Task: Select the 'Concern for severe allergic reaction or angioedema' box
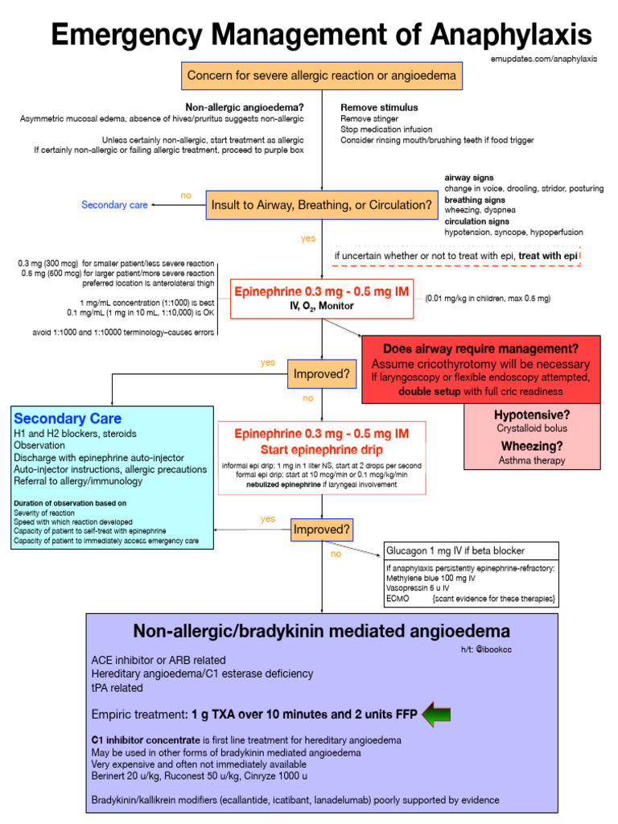pyautogui.click(x=322, y=76)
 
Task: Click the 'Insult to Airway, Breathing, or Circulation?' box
pyautogui.click(x=322, y=205)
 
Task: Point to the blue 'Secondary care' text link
pyautogui.click(x=114, y=205)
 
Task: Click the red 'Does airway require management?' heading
pyautogui.click(x=480, y=349)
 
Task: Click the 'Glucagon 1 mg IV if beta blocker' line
pyautogui.click(x=455, y=550)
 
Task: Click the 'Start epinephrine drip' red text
pyautogui.click(x=321, y=449)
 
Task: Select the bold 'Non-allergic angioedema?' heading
pyautogui.click(x=245, y=108)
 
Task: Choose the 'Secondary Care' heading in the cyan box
pyautogui.click(x=68, y=418)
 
